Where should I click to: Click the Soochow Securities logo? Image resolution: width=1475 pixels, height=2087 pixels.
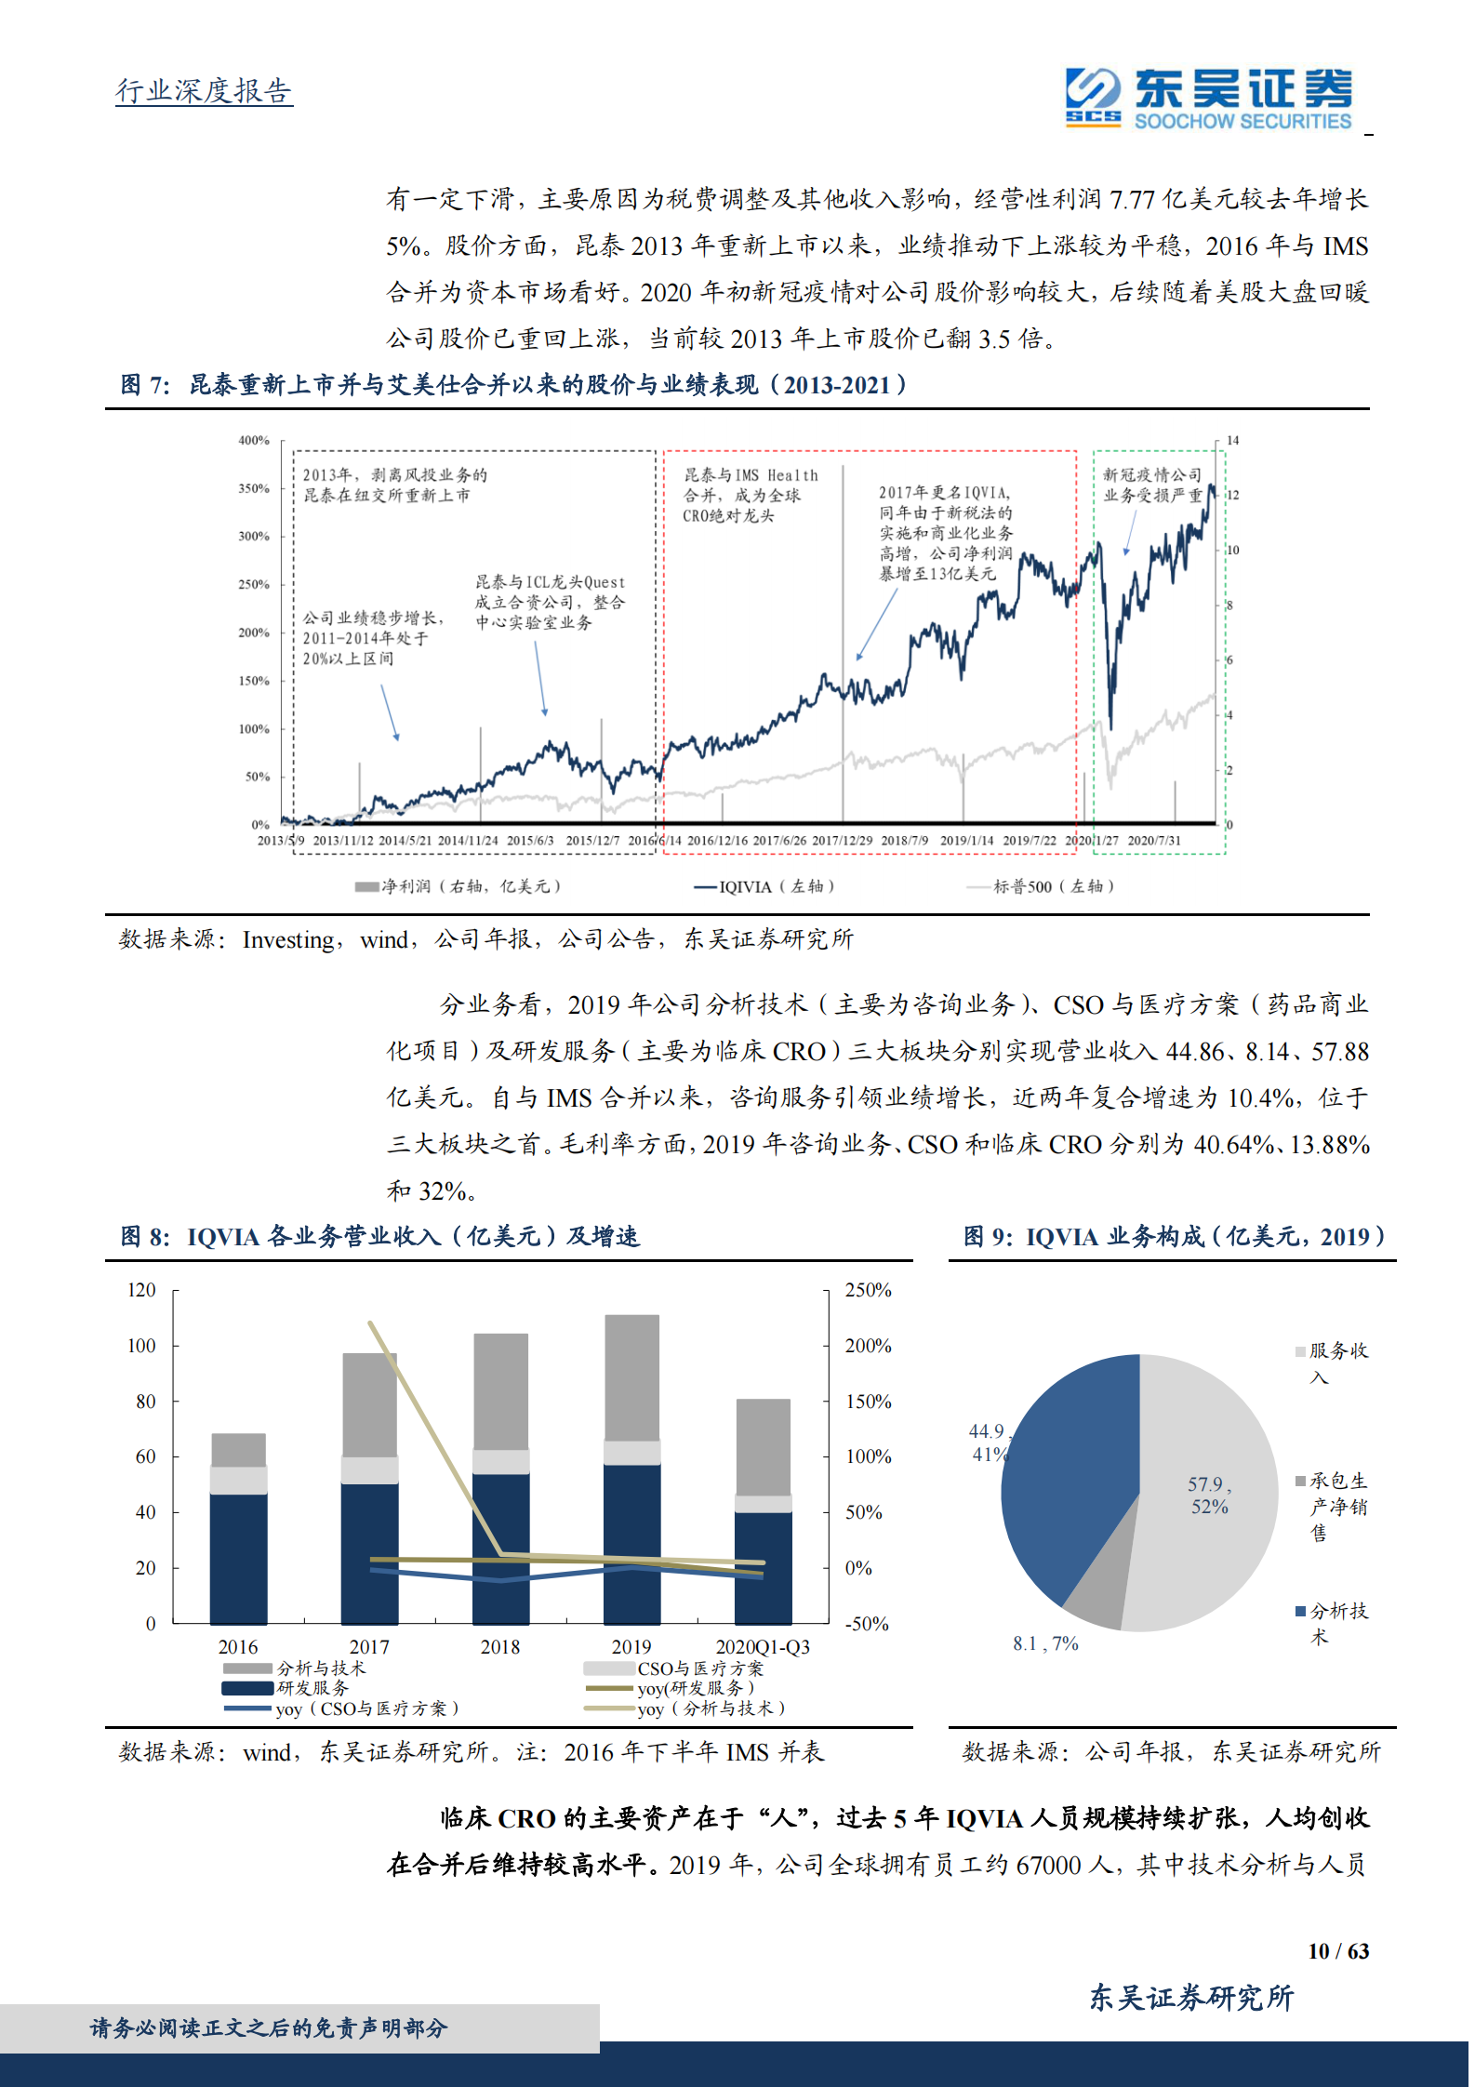tap(1209, 97)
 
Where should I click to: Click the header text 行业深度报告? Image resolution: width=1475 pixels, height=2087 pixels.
tap(204, 91)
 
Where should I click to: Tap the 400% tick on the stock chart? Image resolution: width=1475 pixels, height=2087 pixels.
tap(253, 440)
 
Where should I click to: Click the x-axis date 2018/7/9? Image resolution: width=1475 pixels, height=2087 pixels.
tap(904, 841)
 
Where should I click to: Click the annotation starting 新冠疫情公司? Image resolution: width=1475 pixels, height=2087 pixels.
tap(1152, 485)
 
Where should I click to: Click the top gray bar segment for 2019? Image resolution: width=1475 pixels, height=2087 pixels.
tap(631, 1377)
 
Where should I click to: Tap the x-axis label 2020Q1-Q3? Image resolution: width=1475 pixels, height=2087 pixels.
tap(763, 1647)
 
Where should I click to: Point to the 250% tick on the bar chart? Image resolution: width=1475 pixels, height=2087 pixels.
tap(868, 1291)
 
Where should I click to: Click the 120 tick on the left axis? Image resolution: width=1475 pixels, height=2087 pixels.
tap(141, 1291)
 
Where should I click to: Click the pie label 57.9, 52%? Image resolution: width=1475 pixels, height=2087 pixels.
tap(1209, 1495)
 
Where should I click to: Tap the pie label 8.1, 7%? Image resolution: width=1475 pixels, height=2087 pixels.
tap(1045, 1644)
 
